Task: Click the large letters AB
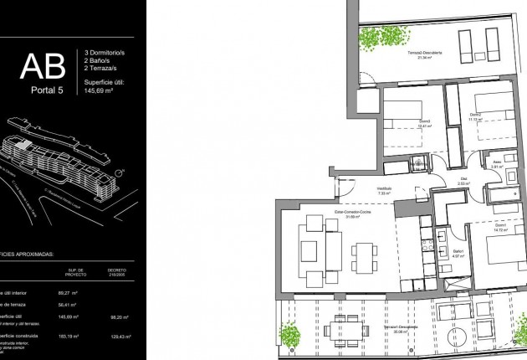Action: click(41, 66)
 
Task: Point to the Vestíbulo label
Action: click(385, 190)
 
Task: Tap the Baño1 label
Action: click(458, 253)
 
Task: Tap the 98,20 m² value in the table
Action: click(116, 318)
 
